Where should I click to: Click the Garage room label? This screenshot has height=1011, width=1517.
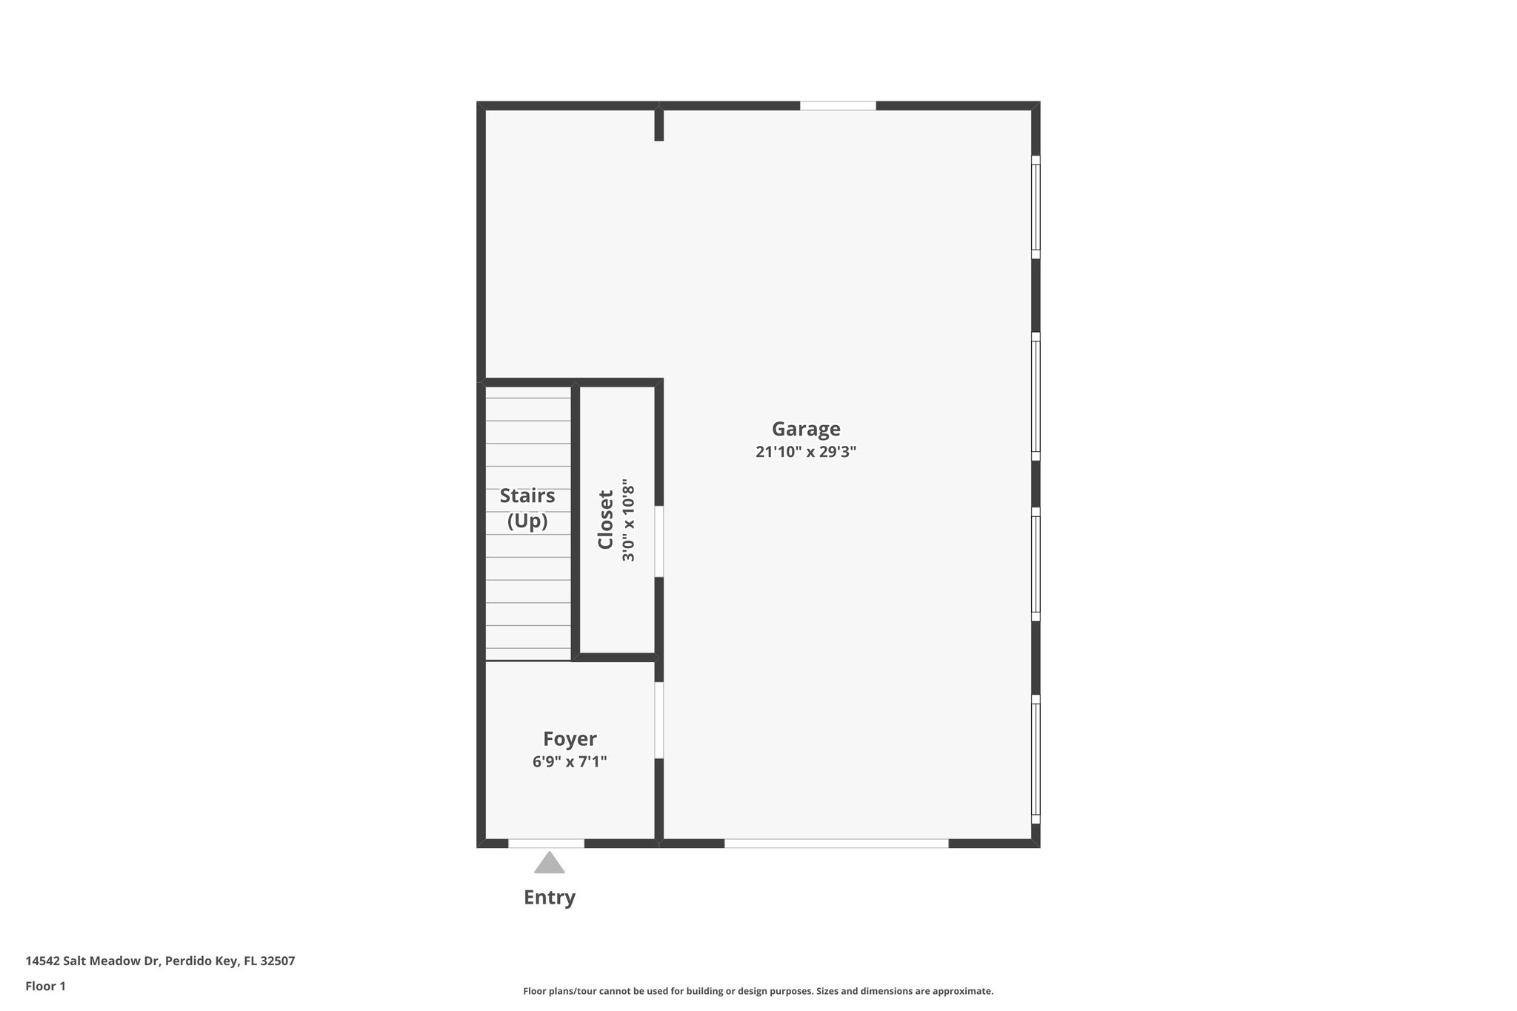(806, 429)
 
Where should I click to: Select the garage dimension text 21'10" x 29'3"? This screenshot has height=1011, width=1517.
(806, 452)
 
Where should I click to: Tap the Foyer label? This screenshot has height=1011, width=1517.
(570, 738)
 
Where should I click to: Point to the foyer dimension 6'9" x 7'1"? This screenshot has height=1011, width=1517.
(570, 761)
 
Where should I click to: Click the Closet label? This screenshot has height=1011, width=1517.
(606, 520)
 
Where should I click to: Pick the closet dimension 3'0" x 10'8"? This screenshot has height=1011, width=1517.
(628, 520)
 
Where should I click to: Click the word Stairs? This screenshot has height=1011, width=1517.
(527, 496)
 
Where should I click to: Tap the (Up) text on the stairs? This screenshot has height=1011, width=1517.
(527, 521)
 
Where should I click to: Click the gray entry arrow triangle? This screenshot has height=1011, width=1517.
(549, 863)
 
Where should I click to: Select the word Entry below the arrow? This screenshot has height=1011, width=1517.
(549, 898)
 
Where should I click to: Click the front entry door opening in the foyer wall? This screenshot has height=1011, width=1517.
(546, 843)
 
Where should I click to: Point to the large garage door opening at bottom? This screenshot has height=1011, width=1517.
(836, 843)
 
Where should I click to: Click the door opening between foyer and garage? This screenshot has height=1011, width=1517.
(659, 720)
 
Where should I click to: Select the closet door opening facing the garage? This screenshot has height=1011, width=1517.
(659, 541)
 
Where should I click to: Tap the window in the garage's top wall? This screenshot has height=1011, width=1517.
(838, 106)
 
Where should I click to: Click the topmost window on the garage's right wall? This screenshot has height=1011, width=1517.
(1036, 207)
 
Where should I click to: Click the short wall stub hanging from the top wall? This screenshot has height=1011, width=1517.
(659, 125)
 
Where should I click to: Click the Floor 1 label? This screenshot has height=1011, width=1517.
(45, 986)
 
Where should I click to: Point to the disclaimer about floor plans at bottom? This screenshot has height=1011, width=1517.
(758, 991)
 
